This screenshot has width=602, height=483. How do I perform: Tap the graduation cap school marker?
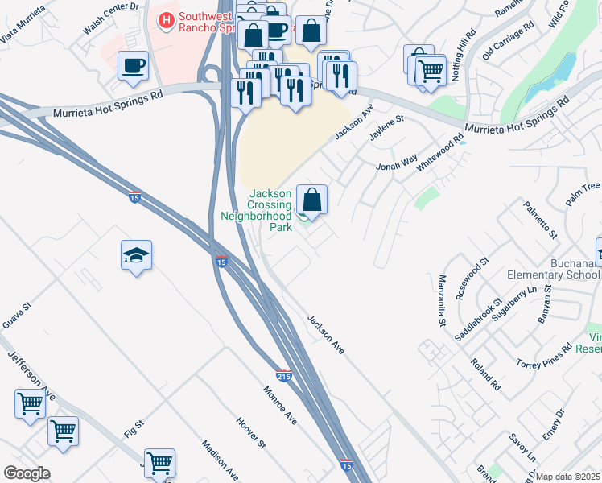point(136,257)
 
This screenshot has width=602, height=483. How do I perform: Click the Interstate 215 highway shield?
point(283,376)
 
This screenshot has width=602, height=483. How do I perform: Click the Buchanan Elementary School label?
point(554,268)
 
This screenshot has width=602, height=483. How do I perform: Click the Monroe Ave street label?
point(280,406)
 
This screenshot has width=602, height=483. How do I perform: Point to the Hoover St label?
point(250,432)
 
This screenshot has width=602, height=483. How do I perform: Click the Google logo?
point(27,473)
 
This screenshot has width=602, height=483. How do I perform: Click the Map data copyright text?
point(568,477)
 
